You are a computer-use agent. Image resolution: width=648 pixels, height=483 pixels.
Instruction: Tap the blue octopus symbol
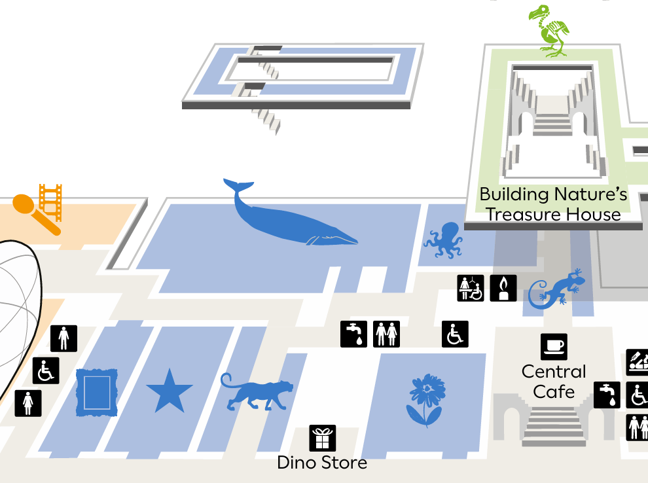(x=444, y=240)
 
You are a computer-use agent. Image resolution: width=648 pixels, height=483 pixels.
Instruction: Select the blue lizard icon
(x=556, y=289)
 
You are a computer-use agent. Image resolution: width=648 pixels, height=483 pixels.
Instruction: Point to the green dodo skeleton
(x=549, y=31)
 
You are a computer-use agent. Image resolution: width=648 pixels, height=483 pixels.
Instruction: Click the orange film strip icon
(x=50, y=202)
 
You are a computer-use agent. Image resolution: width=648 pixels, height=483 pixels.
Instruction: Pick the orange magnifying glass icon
(x=33, y=211)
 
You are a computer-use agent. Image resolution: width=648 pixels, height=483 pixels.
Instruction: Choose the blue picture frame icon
(x=97, y=392)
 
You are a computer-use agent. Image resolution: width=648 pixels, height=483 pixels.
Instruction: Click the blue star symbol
(x=170, y=391)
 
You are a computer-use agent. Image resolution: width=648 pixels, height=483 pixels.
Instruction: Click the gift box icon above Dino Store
(x=322, y=438)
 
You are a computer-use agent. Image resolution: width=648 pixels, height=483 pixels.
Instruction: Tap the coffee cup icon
(x=554, y=347)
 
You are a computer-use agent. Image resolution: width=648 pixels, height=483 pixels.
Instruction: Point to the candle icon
(x=503, y=288)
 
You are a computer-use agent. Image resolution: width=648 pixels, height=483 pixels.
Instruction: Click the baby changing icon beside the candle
(x=471, y=288)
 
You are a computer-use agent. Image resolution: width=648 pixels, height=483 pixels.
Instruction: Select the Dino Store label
(x=322, y=463)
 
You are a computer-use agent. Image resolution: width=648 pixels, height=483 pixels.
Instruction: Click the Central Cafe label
(x=554, y=382)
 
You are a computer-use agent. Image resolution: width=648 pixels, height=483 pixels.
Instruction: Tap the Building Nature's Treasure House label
(x=554, y=204)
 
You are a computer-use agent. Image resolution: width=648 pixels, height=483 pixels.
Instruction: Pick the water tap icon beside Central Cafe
(x=607, y=395)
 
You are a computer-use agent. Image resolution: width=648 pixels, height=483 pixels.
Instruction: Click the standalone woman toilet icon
(x=28, y=403)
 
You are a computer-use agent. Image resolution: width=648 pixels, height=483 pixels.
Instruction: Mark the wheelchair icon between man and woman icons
(x=46, y=370)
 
